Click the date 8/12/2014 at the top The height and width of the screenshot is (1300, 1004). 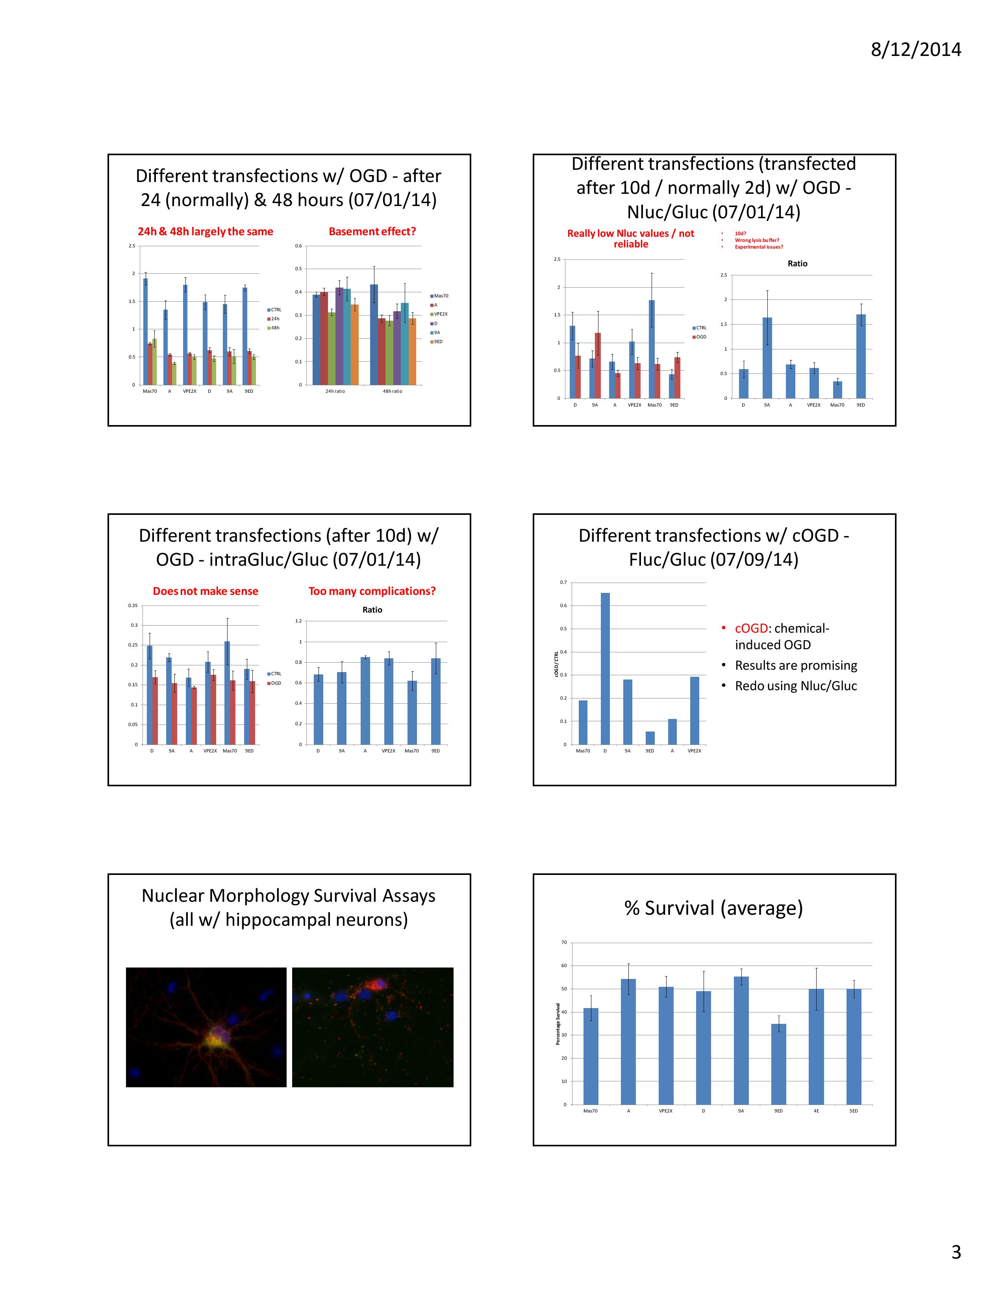[x=915, y=49]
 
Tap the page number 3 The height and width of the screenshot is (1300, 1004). [x=956, y=1252]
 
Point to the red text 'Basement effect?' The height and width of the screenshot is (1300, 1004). [x=372, y=232]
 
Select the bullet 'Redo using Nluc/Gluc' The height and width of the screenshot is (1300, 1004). [x=796, y=686]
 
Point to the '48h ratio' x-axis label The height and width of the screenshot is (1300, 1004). [x=393, y=391]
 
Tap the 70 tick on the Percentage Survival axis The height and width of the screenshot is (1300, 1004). [x=564, y=942]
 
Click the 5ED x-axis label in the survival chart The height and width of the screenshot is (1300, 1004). [x=854, y=1111]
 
